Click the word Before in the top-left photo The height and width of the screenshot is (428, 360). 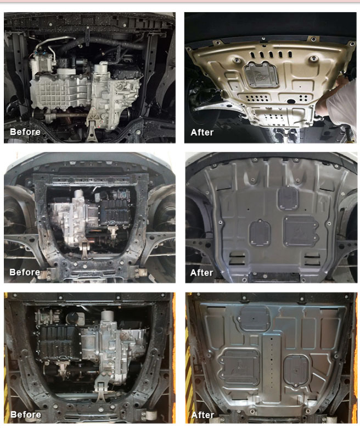(25, 132)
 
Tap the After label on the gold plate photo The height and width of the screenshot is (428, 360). (202, 132)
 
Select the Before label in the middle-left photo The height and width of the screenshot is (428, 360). (25, 272)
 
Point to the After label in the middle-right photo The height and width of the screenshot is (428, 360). (202, 272)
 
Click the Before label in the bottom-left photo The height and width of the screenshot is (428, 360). (26, 414)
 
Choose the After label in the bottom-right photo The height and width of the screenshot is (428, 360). (203, 415)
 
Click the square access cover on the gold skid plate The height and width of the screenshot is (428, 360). (261, 75)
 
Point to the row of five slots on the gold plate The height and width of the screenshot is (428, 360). (271, 54)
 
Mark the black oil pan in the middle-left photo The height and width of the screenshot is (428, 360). (114, 213)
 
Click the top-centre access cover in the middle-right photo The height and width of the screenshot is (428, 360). (288, 198)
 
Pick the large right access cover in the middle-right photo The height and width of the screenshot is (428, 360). (301, 231)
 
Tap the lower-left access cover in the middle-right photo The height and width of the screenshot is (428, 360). (260, 233)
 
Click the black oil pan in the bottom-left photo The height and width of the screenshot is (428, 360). (59, 342)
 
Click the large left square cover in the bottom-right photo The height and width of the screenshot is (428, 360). (239, 367)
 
